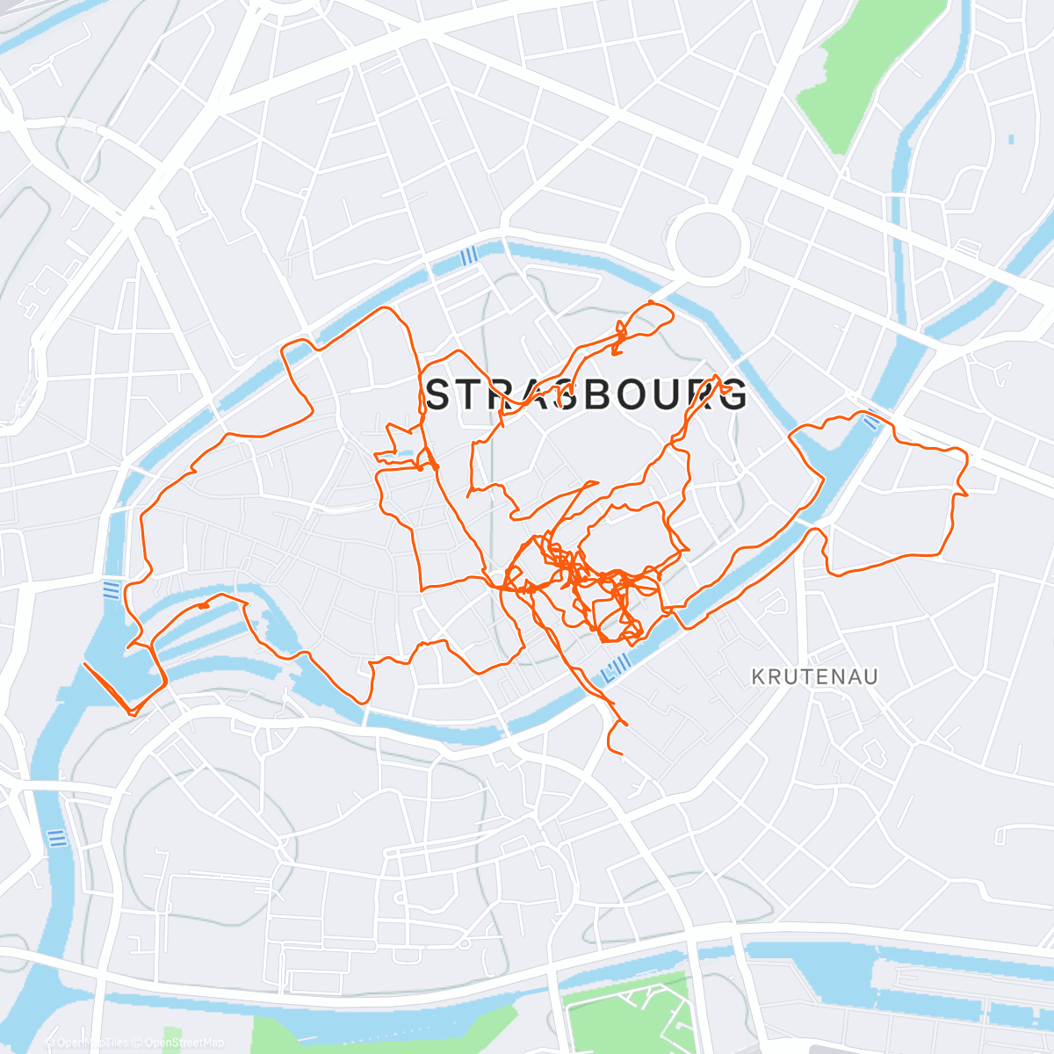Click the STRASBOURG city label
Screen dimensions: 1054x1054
coord(587,395)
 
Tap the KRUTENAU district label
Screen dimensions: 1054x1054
coord(815,676)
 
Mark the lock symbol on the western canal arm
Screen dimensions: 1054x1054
coord(112,589)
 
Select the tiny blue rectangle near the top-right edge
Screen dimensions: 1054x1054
coord(1012,139)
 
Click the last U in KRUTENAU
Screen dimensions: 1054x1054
coord(871,676)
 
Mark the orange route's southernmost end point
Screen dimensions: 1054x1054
coord(622,754)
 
